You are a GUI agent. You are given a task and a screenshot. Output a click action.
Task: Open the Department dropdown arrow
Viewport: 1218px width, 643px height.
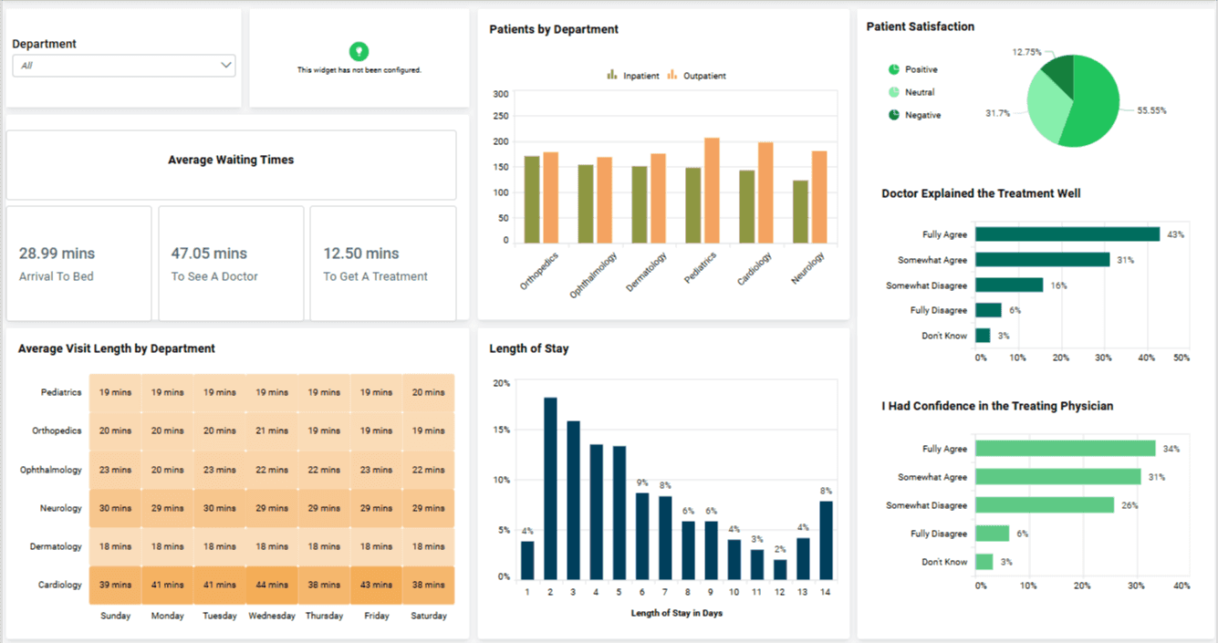click(x=225, y=66)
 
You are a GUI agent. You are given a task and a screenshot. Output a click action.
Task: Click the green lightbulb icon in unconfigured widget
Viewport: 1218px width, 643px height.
click(x=359, y=51)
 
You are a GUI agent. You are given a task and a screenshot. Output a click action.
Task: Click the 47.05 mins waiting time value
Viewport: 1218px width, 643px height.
click(x=209, y=254)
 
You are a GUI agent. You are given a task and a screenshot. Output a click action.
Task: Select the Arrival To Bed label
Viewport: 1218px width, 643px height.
click(x=57, y=276)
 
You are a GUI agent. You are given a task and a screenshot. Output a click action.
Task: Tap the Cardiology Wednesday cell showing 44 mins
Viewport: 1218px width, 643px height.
click(x=272, y=585)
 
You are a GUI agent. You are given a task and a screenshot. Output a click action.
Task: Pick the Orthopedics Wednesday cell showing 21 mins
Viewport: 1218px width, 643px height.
click(x=272, y=430)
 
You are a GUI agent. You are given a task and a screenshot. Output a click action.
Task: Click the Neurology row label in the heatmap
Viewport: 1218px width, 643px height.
click(x=60, y=508)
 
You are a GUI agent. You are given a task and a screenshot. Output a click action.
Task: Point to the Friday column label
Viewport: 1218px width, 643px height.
click(x=377, y=616)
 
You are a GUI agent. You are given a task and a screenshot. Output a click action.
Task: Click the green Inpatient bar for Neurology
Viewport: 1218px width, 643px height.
click(x=800, y=212)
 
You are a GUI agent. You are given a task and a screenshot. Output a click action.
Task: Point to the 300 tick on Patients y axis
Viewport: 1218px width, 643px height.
click(x=500, y=94)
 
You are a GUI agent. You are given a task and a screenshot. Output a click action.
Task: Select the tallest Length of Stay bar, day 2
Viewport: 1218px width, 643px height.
click(x=550, y=488)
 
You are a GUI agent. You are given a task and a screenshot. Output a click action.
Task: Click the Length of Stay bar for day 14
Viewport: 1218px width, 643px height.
click(x=826, y=540)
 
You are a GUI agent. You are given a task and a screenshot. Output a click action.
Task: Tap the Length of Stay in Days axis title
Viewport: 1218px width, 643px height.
click(x=676, y=613)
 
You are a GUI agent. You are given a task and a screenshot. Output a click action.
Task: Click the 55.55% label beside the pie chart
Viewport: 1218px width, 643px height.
click(x=1151, y=110)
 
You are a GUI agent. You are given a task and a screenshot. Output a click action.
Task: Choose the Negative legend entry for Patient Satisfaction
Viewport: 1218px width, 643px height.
click(x=922, y=115)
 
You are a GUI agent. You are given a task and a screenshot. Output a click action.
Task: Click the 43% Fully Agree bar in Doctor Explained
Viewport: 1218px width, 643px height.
click(x=1067, y=234)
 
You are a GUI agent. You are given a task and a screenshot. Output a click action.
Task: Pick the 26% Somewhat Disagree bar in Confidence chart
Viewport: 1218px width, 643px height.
click(x=1044, y=505)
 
